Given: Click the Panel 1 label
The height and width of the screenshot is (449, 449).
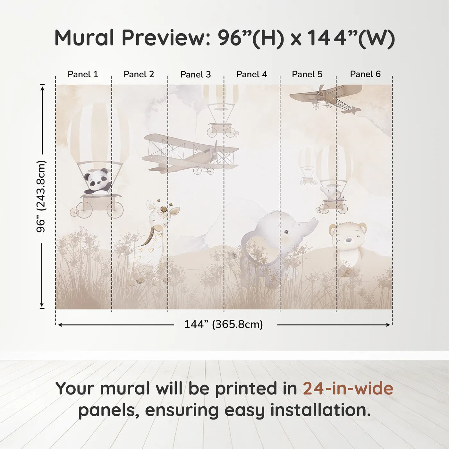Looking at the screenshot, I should pos(83,74).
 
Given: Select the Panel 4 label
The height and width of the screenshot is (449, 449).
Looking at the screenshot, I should pos(251,74).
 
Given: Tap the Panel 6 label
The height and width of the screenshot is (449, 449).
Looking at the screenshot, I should pos(365,74).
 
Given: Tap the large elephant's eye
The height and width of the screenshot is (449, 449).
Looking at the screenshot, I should pos(286,231).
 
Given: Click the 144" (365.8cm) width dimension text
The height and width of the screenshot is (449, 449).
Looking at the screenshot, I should pos(223,325).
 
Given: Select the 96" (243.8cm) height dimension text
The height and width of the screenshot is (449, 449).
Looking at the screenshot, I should pos(41,196).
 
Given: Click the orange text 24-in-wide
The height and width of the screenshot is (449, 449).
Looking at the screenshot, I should pos(348,388).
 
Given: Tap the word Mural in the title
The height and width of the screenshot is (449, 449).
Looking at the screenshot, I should pos(84,38).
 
